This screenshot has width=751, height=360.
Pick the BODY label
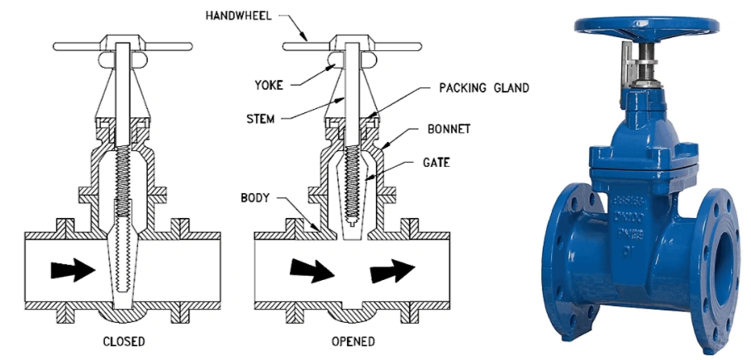coord(254,198)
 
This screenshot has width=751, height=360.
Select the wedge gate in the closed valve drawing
coord(122,264)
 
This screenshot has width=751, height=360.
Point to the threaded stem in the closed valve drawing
coord(121,165)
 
